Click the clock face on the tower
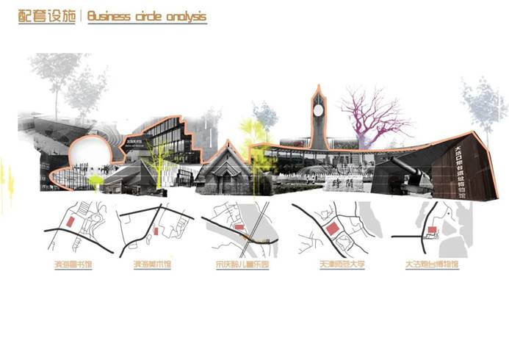(318, 109)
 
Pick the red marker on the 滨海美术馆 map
(156, 231)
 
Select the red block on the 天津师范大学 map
(332, 229)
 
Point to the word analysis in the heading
(184, 16)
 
